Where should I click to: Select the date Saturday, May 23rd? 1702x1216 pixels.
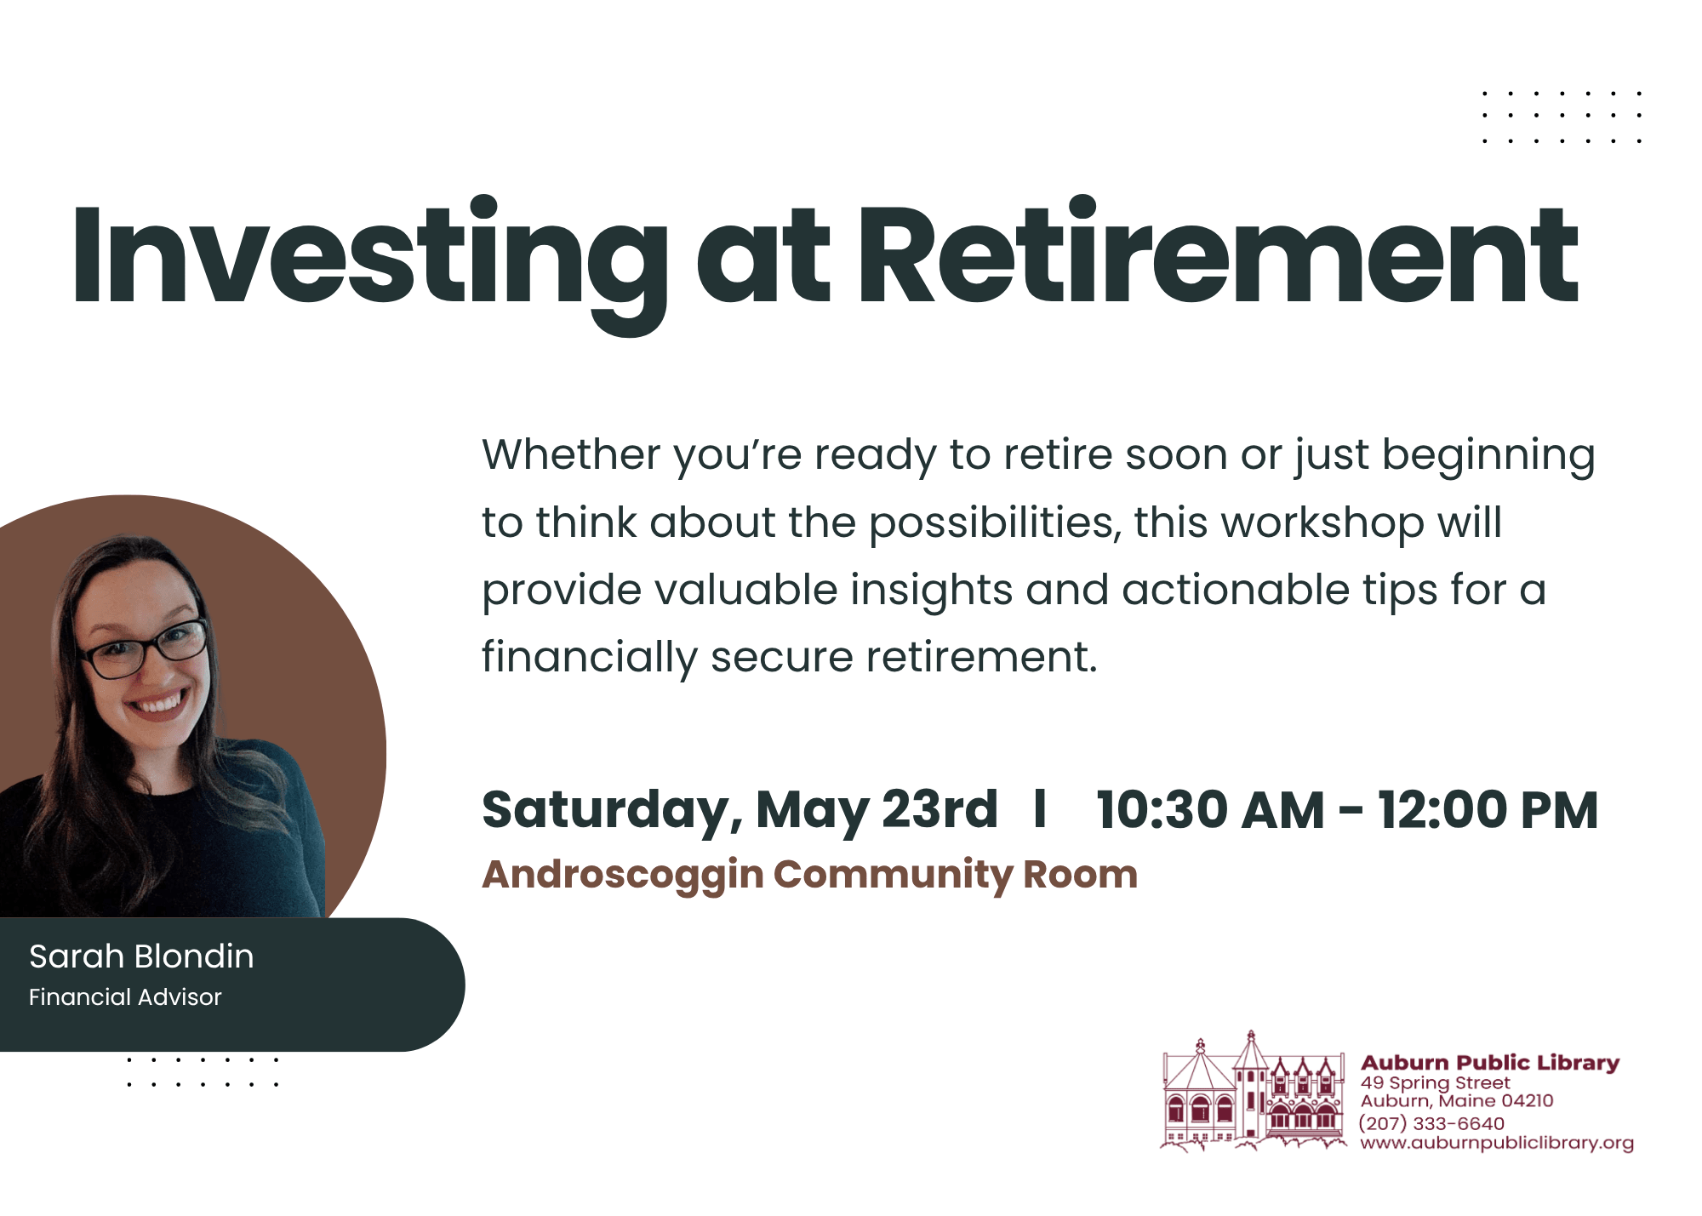[x=740, y=810]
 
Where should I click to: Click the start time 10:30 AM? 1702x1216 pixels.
[x=1210, y=809]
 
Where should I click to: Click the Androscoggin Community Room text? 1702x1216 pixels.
[x=809, y=876]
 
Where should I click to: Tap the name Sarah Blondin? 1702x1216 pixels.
[x=141, y=956]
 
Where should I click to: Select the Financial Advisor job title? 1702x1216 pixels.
[x=125, y=996]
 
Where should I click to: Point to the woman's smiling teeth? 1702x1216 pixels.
[x=159, y=704]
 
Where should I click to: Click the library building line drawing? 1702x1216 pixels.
[x=1254, y=1093]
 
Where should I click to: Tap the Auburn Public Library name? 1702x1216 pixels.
[x=1490, y=1062]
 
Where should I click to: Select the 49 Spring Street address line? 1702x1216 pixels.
[x=1436, y=1083]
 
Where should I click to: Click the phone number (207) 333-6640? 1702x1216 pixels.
[x=1431, y=1123]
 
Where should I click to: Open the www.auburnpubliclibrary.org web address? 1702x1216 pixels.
[x=1497, y=1143]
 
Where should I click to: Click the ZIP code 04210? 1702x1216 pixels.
[x=1527, y=1100]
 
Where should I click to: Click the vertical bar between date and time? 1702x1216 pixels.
[x=1039, y=808]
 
